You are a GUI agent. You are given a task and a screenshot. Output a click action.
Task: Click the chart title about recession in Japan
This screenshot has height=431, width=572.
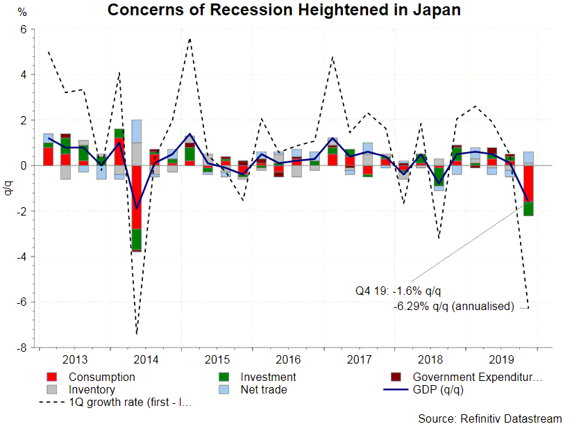tap(283, 10)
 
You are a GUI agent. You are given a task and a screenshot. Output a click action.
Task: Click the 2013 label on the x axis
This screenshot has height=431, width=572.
tap(75, 359)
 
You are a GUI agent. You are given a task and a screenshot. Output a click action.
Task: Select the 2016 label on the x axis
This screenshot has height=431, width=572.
tap(288, 359)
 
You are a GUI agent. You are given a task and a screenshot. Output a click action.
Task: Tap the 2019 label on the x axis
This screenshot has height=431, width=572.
tap(501, 359)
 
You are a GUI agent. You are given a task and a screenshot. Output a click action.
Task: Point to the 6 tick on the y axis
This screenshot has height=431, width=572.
tap(23, 29)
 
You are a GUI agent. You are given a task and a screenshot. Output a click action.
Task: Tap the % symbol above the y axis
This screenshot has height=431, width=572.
tap(22, 12)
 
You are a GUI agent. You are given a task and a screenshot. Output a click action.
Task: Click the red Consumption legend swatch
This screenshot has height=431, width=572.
tap(51, 377)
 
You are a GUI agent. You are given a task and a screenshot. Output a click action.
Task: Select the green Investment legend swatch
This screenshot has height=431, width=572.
tap(224, 377)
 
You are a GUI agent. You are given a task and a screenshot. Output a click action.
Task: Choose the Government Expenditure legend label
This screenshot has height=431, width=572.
tap(477, 377)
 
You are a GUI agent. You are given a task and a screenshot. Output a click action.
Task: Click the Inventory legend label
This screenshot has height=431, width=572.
tap(92, 390)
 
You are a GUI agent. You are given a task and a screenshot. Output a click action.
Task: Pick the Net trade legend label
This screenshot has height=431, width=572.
tap(264, 390)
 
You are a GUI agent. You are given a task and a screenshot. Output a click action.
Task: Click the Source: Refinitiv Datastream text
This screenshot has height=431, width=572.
tap(489, 418)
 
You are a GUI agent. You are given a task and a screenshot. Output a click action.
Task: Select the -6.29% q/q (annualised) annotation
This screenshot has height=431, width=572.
tap(453, 306)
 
